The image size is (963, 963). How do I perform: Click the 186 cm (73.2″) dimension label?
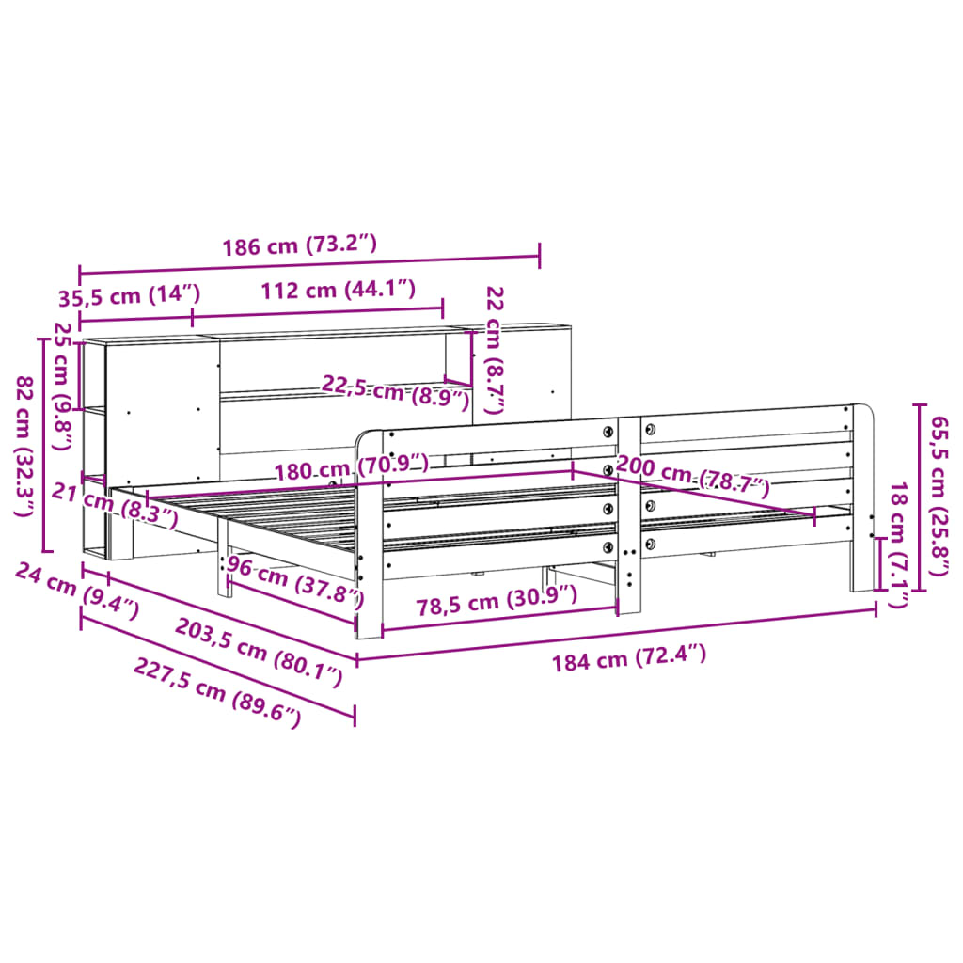(299, 245)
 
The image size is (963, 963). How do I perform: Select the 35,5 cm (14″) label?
(130, 295)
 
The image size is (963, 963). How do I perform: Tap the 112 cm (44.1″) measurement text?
(339, 290)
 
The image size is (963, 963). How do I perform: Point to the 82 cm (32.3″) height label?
(24, 447)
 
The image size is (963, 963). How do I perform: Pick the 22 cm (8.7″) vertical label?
(495, 350)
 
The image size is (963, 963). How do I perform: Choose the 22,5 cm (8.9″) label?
(396, 392)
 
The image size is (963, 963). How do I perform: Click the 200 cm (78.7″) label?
(693, 476)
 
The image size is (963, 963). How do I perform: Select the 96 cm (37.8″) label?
(294, 581)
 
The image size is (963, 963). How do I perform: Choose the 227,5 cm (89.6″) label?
(217, 692)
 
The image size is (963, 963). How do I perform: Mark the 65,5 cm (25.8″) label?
(939, 497)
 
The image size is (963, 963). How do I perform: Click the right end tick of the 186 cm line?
(540, 256)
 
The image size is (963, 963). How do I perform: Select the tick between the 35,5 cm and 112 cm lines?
(193, 318)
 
